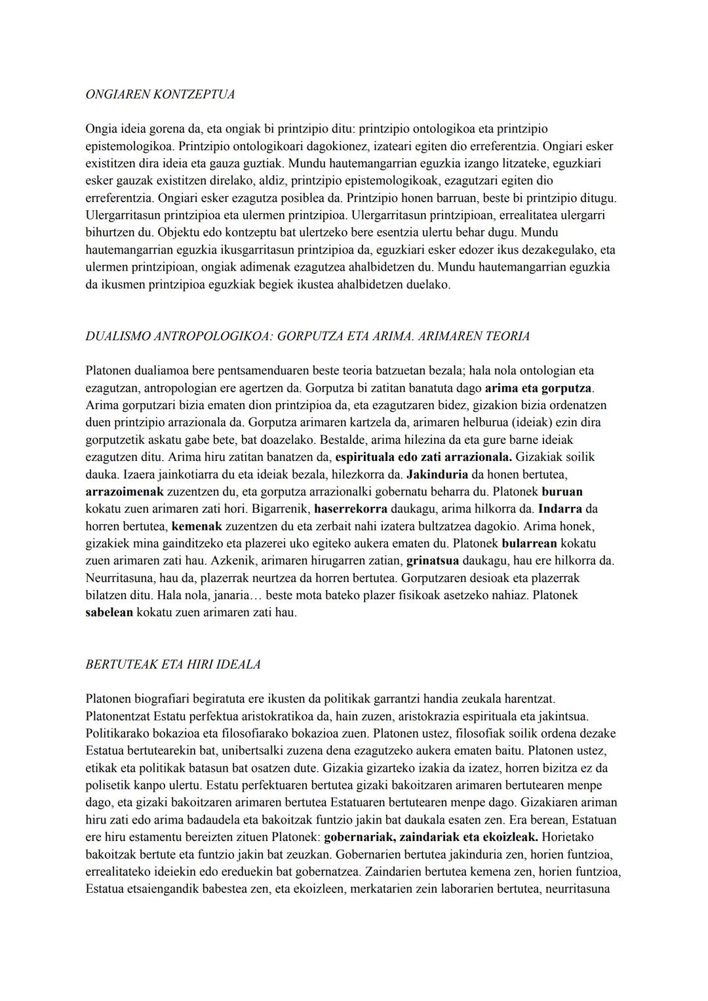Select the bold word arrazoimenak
(124, 491)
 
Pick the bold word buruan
(562, 491)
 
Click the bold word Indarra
(560, 509)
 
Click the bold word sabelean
(109, 613)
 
